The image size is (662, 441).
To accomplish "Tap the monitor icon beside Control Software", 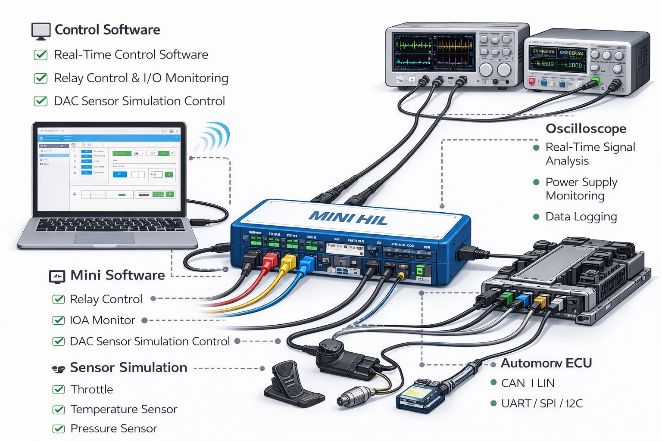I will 41,31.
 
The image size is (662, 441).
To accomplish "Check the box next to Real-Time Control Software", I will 41,55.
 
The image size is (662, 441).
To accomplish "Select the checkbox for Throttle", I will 58,390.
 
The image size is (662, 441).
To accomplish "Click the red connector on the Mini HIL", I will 269,261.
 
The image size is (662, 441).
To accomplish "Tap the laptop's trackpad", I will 104,238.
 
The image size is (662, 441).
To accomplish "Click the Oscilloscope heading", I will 586,128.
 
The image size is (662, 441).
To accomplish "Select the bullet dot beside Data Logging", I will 536,217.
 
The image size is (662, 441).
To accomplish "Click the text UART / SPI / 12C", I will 542,404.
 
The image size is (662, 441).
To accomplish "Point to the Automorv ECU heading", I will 546,363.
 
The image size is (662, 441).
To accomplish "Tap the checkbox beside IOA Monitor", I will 58,320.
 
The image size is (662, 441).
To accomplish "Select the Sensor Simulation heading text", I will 128,367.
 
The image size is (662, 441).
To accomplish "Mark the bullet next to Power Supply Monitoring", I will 536,182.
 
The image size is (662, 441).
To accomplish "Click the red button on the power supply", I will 531,81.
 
